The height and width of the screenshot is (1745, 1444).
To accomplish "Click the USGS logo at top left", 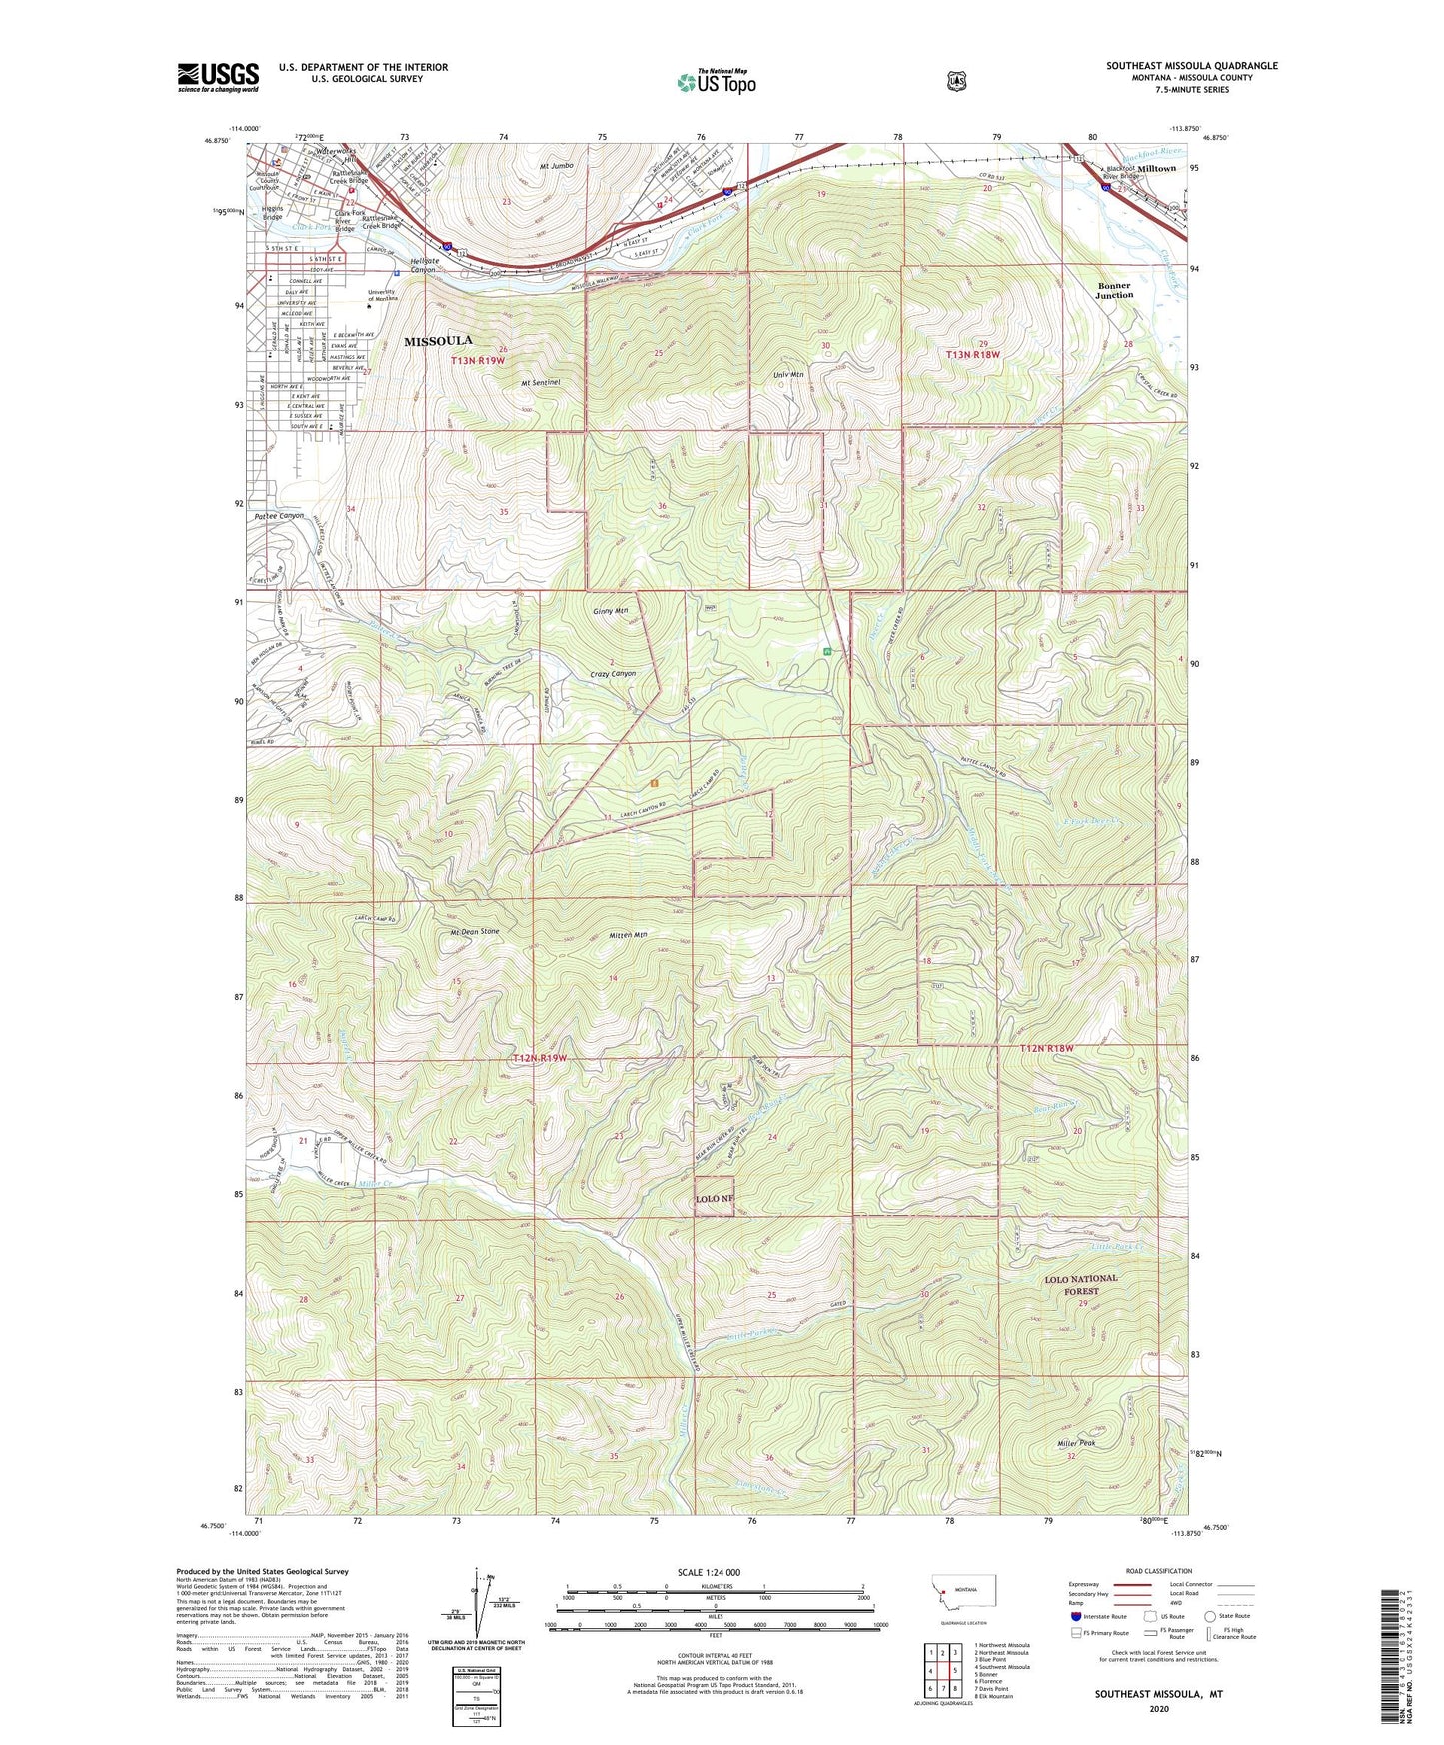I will (218, 77).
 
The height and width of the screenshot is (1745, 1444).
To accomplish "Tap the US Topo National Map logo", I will (717, 82).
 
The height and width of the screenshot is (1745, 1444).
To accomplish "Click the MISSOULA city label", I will (438, 341).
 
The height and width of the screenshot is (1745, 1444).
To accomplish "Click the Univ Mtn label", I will (789, 375).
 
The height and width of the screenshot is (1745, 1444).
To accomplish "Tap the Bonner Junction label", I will (1114, 290).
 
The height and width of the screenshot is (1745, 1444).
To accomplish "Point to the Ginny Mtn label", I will (610, 611).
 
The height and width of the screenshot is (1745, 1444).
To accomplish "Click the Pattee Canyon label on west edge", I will (279, 516).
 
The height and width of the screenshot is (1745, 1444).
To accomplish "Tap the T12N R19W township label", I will (539, 1057).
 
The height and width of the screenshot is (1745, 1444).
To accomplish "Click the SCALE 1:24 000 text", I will (709, 1573).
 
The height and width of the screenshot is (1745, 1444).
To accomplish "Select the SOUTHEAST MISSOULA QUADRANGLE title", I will (1191, 66).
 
